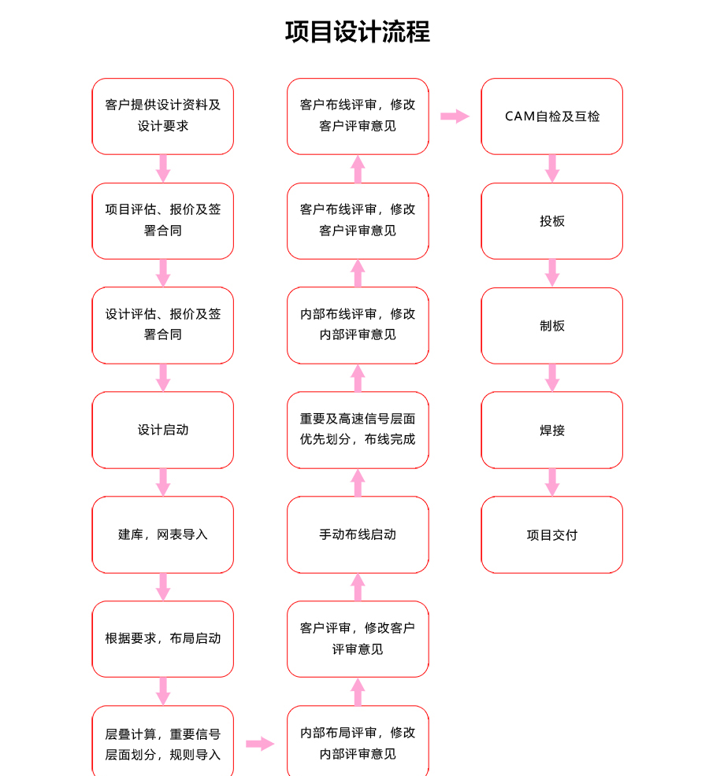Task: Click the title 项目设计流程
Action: click(357, 32)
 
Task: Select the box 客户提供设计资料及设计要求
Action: click(162, 116)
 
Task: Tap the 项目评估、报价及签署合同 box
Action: click(162, 220)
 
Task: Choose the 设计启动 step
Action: click(162, 430)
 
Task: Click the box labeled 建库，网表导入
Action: click(162, 534)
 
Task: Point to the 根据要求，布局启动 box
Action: click(162, 639)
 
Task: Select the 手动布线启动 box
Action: click(358, 534)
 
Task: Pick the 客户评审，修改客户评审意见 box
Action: click(358, 639)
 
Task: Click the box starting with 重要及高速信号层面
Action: click(358, 430)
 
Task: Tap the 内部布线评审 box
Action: click(358, 325)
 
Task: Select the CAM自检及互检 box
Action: click(552, 116)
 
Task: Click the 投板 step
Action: click(552, 220)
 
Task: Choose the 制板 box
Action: click(552, 325)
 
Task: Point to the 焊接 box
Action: click(552, 430)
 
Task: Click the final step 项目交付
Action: click(552, 534)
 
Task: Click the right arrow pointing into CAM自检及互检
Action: click(455, 116)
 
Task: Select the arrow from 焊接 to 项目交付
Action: click(552, 482)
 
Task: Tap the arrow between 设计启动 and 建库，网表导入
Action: click(163, 482)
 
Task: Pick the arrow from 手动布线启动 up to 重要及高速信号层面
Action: click(358, 482)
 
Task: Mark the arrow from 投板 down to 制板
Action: click(552, 273)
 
